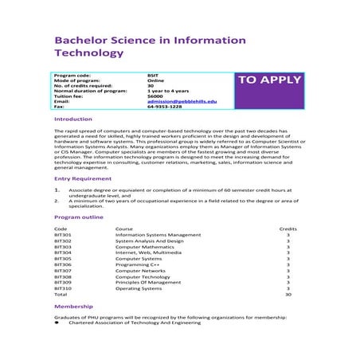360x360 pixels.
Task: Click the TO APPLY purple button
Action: click(x=270, y=80)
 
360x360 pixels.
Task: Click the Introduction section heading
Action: click(x=72, y=119)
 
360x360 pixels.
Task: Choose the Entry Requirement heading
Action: click(x=83, y=179)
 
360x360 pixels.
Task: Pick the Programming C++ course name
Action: click(x=138, y=264)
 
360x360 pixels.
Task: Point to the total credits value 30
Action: click(x=288, y=294)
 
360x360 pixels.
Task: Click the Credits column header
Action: click(x=288, y=229)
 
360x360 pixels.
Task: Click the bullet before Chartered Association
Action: click(x=57, y=324)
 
